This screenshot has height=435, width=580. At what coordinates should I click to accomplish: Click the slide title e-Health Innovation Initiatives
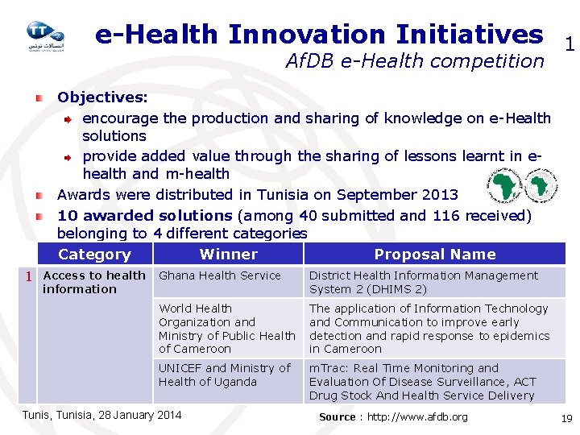tap(319, 34)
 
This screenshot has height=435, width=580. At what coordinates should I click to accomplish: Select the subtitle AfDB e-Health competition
tap(415, 61)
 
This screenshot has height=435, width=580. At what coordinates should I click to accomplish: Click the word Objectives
tap(102, 97)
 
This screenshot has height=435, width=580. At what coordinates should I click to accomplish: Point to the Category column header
tap(94, 255)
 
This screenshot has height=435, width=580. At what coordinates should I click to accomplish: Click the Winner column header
tap(228, 255)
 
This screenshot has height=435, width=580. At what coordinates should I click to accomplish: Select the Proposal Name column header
tap(434, 255)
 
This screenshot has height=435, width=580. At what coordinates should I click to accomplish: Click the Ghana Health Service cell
tap(220, 275)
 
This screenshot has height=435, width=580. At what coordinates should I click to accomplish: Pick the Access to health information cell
tap(93, 282)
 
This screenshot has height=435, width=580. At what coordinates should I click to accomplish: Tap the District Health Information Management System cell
tap(424, 282)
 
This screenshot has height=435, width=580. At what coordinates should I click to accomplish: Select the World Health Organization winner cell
tap(226, 329)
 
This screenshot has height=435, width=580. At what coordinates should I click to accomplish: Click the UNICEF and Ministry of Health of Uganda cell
tap(224, 375)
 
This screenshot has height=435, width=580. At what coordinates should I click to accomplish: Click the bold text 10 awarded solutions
tap(144, 215)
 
